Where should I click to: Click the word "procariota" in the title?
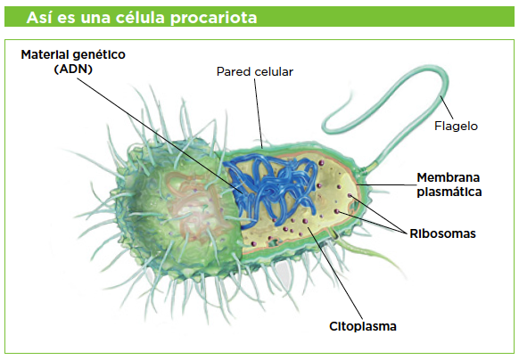[213, 18]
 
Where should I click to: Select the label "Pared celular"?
[255, 72]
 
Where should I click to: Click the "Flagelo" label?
[456, 126]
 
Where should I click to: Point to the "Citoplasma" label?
[363, 326]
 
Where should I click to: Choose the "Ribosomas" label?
[442, 233]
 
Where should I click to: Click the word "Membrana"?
[449, 177]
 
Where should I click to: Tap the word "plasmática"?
[449, 192]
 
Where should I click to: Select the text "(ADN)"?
[73, 70]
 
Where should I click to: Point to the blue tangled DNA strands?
[270, 191]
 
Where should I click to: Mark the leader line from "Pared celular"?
[259, 113]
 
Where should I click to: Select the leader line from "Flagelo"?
[447, 108]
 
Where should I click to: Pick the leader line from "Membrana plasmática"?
[388, 184]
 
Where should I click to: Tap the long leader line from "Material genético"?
[160, 135]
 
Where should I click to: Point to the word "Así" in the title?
[39, 17]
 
